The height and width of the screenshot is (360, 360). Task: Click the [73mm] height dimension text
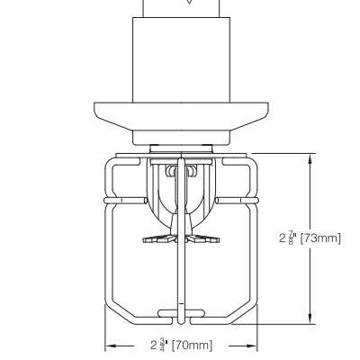[320, 238]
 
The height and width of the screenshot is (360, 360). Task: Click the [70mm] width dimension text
[192, 345]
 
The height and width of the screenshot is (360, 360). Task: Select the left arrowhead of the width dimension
[110, 345]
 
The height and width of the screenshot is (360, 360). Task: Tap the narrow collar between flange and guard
[180, 139]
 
